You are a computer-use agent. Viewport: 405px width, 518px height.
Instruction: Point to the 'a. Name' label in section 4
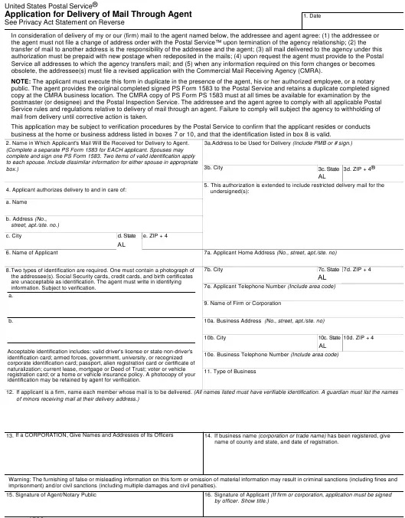coord(17,202)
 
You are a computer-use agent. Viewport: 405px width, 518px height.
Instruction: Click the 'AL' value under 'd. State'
coord(122,244)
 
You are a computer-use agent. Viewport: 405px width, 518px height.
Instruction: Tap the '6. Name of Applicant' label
coord(32,252)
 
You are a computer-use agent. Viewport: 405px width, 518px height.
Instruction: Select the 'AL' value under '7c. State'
coord(322,277)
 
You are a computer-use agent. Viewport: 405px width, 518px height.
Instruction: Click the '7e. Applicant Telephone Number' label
coord(269,286)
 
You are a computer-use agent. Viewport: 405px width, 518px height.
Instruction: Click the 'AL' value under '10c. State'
coord(322,346)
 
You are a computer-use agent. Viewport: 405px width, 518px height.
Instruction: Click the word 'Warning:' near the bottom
coord(19,479)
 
